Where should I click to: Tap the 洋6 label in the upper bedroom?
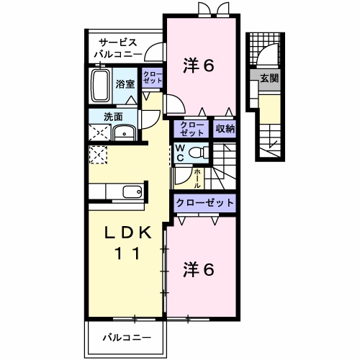199,66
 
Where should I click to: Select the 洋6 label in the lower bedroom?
199,270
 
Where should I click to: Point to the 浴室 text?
126,84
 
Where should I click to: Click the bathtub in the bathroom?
101,86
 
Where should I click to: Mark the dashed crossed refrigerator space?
97,155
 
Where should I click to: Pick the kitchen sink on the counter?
132,192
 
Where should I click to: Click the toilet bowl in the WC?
201,153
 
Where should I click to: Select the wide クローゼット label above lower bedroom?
204,203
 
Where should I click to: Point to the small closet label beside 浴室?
152,78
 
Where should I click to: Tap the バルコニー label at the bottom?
126,336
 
